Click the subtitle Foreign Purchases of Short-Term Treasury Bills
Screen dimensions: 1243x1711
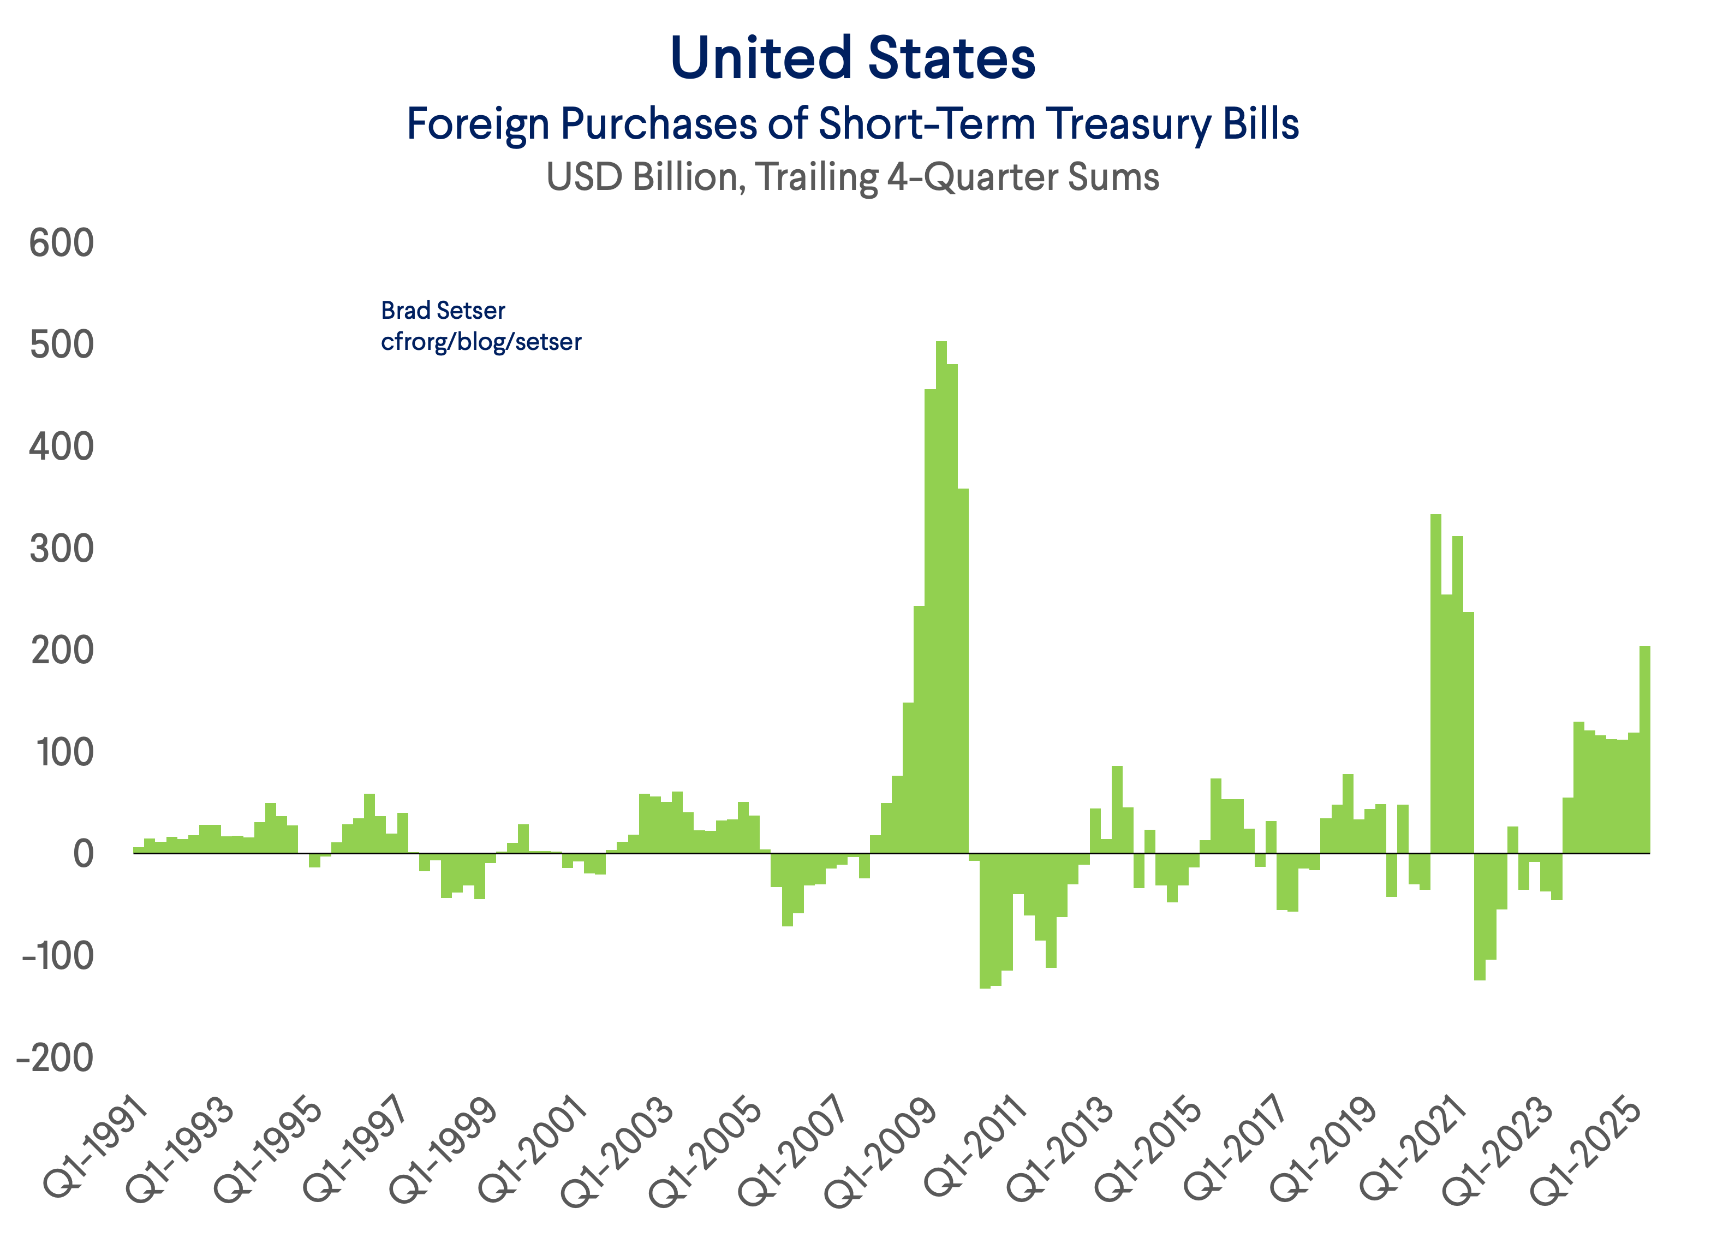coord(852,124)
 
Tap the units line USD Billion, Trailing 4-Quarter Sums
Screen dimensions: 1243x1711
coord(852,177)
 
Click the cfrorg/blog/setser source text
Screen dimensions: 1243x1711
coord(481,342)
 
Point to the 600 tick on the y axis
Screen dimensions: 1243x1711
coord(62,244)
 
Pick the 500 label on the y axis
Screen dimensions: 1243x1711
coord(62,346)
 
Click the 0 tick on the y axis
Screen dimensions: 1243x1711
coord(83,854)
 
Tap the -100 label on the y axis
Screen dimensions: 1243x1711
coord(57,956)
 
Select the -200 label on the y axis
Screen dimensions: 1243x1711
coord(55,1058)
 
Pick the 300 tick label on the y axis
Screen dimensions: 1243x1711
coord(62,549)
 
